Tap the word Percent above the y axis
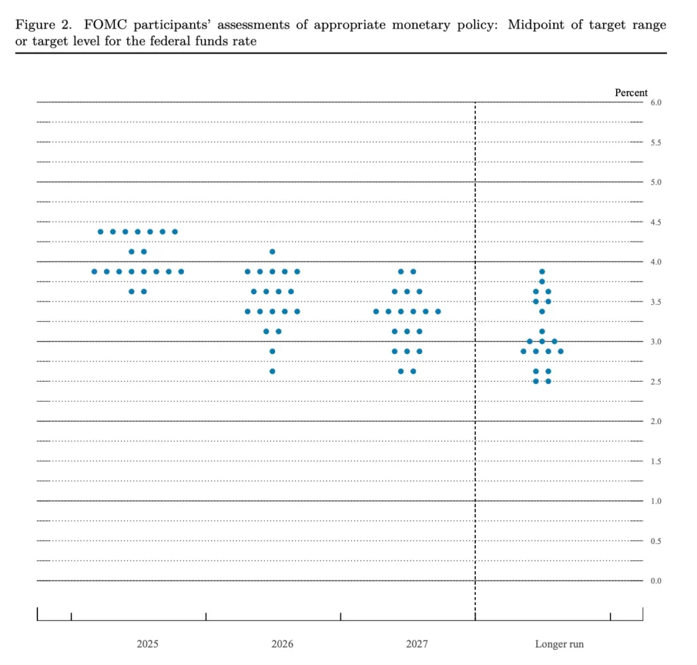coord(631,93)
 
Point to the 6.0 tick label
coord(655,103)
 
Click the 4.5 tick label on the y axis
coord(655,223)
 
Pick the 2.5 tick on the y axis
coord(655,382)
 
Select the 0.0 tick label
coord(655,581)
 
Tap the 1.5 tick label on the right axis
coord(655,461)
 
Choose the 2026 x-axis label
coord(282,644)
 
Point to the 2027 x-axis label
coord(417,644)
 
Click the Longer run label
coord(559,644)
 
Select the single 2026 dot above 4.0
coord(272,252)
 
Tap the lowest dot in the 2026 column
coord(272,371)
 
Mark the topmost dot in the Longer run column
coord(542,272)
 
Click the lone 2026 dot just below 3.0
coord(272,351)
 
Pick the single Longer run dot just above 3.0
coord(542,331)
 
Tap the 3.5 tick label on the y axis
coord(655,302)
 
